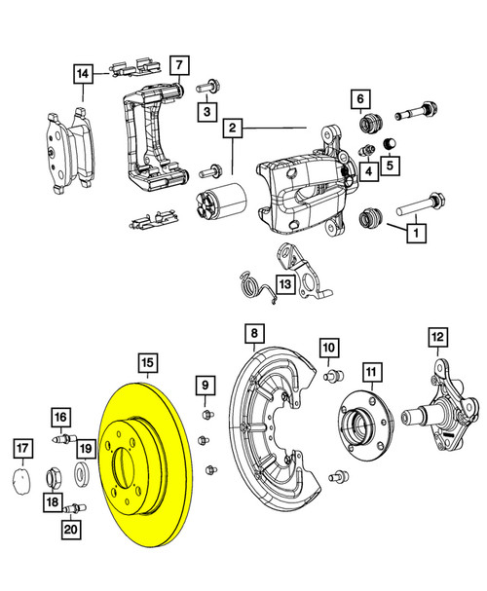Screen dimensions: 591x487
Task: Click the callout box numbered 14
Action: (84, 73)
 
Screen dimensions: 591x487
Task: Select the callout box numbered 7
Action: (179, 66)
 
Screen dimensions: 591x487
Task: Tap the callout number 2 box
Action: (233, 128)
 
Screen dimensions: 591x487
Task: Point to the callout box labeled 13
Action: (282, 285)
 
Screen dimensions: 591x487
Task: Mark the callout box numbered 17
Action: (21, 448)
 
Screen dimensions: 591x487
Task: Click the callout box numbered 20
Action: (69, 530)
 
